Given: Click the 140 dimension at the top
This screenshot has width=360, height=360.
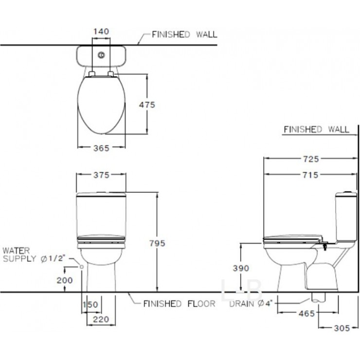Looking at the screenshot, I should (101, 31).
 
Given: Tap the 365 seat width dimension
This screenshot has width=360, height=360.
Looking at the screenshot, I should (101, 148).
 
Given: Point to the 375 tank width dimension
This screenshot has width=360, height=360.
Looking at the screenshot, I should (101, 175).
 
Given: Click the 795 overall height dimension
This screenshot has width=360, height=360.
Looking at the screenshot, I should (157, 242).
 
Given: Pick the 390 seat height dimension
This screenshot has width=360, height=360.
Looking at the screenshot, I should (240, 269).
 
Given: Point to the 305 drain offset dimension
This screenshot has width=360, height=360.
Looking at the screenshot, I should (342, 328).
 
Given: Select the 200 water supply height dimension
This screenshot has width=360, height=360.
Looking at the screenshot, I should (65, 280).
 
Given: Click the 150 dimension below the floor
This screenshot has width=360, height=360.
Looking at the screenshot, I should (90, 305).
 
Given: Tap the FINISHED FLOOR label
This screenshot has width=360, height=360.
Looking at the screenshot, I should (179, 304).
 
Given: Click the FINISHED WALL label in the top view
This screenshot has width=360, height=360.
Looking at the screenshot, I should (184, 35).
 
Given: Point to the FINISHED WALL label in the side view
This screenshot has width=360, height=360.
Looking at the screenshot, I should (316, 129).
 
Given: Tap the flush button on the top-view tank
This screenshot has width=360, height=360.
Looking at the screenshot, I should (101, 55).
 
